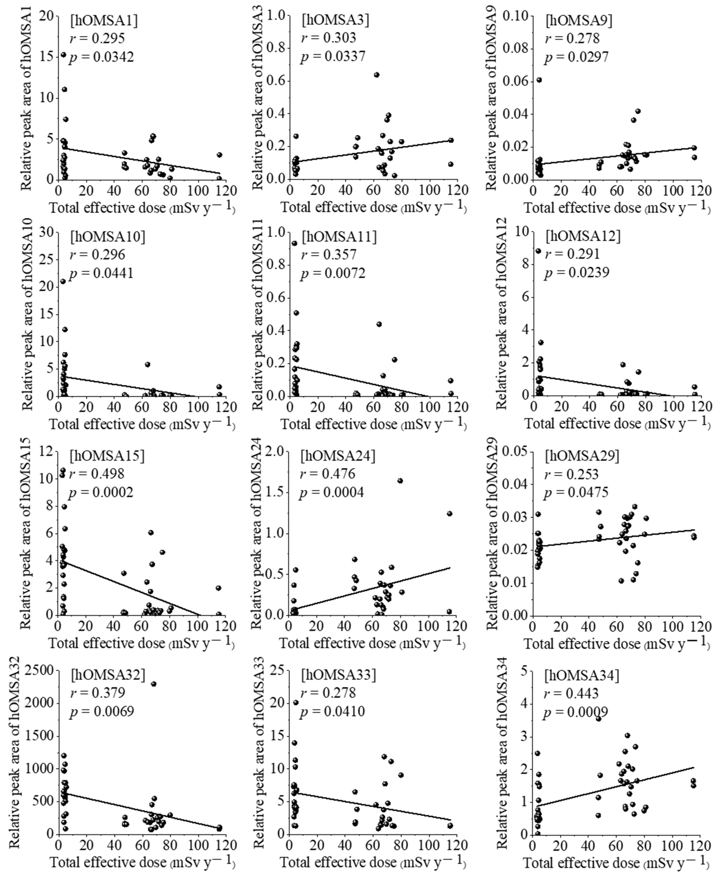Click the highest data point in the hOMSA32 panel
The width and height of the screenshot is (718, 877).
154,684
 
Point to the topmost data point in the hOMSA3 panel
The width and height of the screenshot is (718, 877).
376,75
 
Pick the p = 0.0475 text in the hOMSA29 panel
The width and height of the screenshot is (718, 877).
576,493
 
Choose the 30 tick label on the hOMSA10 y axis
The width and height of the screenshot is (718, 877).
46,233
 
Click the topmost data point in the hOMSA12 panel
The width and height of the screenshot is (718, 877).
538,251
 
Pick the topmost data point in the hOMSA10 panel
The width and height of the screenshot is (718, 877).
63,281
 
